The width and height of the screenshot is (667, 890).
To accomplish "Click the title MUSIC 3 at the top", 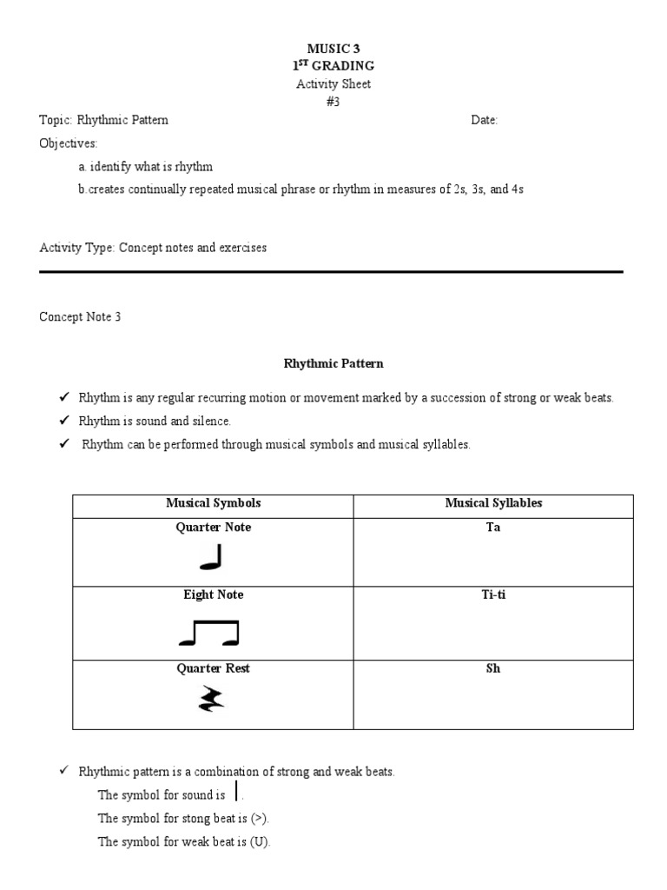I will point(334,50).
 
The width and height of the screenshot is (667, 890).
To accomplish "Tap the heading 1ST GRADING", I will point(334,66).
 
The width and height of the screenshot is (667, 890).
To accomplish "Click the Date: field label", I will point(485,121).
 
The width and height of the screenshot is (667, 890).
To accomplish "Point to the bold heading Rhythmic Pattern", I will point(334,363).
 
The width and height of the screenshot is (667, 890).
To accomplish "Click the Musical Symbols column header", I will point(213,503).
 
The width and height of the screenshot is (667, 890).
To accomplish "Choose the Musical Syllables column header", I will point(493,503).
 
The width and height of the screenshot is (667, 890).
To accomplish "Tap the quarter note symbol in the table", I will point(211,557).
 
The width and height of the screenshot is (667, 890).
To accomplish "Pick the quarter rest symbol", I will point(211,698).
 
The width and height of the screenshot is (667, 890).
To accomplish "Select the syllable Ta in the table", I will point(493,528).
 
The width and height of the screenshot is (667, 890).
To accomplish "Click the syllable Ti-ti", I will point(493,595).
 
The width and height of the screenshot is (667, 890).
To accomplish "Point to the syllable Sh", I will point(493,669).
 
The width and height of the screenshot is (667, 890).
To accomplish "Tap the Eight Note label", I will point(213,595).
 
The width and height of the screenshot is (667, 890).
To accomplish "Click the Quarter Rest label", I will point(213,669).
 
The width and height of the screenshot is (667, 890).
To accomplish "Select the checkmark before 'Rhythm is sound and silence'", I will point(63,421).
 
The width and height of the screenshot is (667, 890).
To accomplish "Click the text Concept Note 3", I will point(80,317).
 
